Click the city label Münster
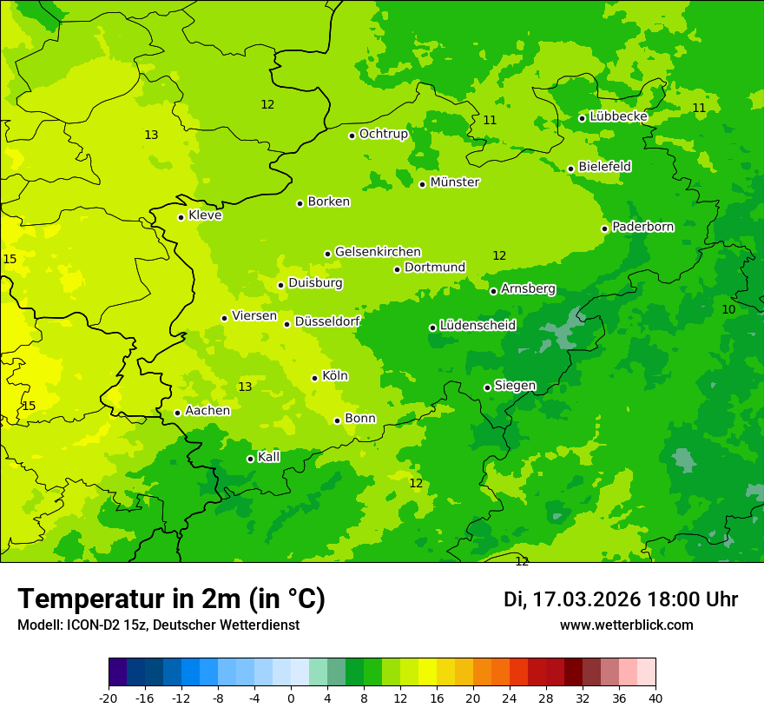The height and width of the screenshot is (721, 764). coord(455,182)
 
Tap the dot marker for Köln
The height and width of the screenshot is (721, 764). coord(315,378)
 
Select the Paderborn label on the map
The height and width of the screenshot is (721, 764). coord(643,227)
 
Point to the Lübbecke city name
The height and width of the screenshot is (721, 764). coord(618,116)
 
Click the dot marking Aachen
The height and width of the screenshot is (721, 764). coord(178,413)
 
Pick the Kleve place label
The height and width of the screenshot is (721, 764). coord(205,215)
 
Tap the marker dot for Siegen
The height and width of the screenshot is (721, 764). coord(487,387)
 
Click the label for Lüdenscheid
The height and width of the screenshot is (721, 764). coord(477,326)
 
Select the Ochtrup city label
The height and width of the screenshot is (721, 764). coord(384,134)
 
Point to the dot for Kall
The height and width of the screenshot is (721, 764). coord(251,459)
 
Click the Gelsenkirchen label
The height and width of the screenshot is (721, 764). coord(378,252)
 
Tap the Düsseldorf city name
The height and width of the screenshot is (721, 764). coord(327,321)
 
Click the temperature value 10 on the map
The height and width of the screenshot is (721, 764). coord(728,309)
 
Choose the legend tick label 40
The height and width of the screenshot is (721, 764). coord(655,698)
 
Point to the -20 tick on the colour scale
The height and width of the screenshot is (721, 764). coord(109,698)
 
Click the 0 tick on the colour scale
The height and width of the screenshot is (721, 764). coord(291,698)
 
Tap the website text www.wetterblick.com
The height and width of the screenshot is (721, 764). coord(626,625)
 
